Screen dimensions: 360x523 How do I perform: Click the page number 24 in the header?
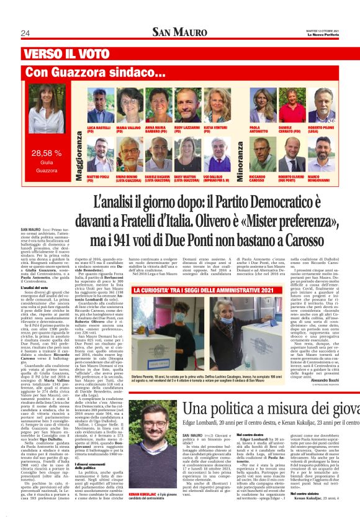[25, 33]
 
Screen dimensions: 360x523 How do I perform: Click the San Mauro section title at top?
[179, 32]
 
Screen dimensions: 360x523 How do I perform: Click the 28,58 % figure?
[47, 152]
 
